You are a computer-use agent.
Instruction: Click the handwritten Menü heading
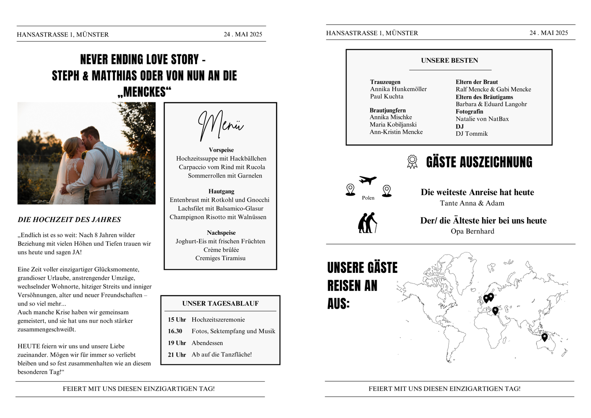click(x=220, y=125)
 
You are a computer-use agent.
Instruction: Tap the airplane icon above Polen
click(x=368, y=180)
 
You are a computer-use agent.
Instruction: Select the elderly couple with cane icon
click(x=368, y=222)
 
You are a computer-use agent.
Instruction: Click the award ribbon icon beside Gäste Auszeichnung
click(x=412, y=162)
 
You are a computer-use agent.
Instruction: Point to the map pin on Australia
click(x=544, y=337)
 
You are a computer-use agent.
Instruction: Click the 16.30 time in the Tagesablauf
click(x=175, y=331)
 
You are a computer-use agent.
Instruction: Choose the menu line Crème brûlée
click(x=221, y=249)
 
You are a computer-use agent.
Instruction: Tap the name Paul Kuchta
click(x=387, y=96)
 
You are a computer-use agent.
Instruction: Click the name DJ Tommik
click(x=472, y=133)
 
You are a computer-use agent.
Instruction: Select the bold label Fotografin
click(x=470, y=111)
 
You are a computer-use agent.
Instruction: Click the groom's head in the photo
click(x=89, y=135)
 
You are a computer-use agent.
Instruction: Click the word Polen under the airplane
click(x=368, y=198)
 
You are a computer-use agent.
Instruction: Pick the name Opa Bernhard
click(x=472, y=231)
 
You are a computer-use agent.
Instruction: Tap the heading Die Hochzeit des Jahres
click(x=69, y=220)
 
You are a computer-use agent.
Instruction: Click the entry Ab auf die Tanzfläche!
click(x=222, y=355)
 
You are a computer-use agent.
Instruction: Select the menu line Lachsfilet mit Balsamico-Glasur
click(x=220, y=209)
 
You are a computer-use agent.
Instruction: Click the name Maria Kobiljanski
click(x=393, y=124)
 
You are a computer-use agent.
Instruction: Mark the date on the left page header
click(x=243, y=34)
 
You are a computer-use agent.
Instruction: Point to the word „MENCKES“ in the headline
click(x=145, y=92)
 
